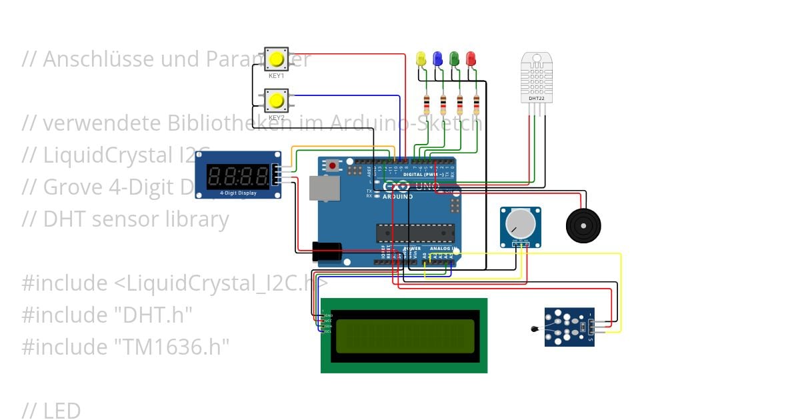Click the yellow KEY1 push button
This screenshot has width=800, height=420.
click(x=277, y=60)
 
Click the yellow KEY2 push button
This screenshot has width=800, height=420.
click(x=277, y=101)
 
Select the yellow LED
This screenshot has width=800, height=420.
click(x=421, y=59)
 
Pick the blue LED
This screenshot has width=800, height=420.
click(x=437, y=59)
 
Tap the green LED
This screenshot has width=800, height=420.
click(x=454, y=59)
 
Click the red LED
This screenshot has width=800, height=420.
click(x=471, y=59)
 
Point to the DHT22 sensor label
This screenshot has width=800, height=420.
click(x=537, y=98)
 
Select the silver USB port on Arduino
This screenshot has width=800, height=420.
click(x=324, y=188)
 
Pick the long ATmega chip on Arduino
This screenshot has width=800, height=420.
click(x=415, y=233)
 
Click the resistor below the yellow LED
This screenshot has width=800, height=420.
click(x=427, y=104)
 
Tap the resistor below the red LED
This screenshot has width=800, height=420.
click(x=476, y=104)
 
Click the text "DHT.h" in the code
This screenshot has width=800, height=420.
click(x=154, y=314)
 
